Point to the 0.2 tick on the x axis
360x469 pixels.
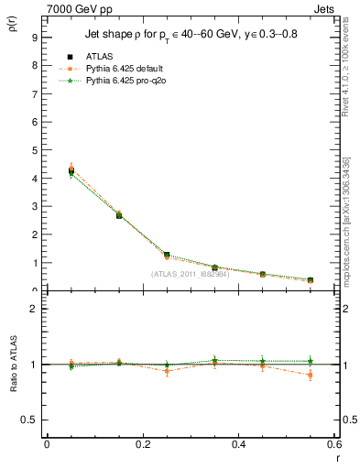click(x=143, y=444)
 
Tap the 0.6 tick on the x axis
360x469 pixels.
click(x=334, y=444)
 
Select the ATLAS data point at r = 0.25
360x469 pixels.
click(x=167, y=255)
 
